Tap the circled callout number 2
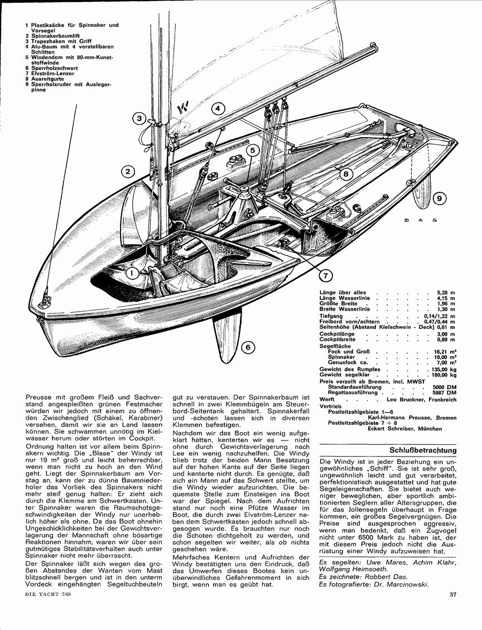click(127, 172)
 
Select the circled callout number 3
click(139, 118)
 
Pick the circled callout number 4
click(217, 108)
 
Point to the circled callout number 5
click(252, 151)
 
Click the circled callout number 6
click(248, 347)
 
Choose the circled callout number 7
click(325, 275)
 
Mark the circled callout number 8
click(345, 174)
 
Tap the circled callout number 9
click(440, 198)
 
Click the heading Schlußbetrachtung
click(423, 450)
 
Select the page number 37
click(452, 595)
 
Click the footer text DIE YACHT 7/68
click(47, 593)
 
